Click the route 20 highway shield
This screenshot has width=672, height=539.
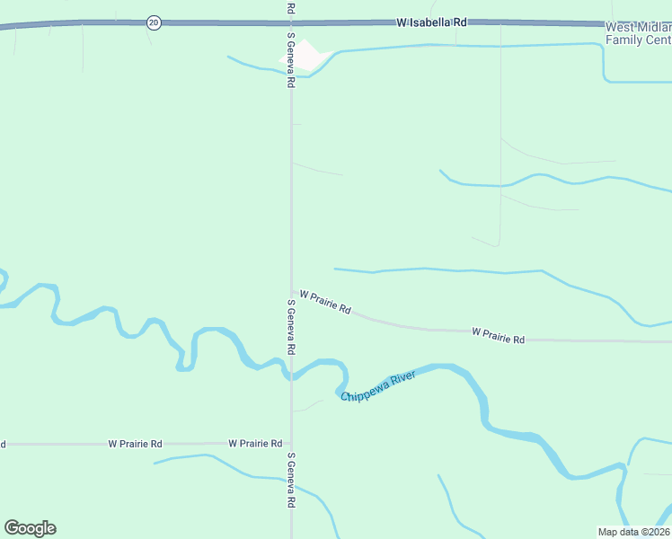point(155,22)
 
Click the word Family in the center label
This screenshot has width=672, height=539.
point(624,40)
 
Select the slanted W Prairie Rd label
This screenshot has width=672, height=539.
point(324,300)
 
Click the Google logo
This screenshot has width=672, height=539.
point(30,528)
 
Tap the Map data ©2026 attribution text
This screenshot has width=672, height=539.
point(632,531)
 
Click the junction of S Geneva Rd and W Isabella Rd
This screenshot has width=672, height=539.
point(291,22)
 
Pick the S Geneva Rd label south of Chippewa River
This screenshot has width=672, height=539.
point(291,481)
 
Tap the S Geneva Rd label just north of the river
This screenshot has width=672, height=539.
point(291,325)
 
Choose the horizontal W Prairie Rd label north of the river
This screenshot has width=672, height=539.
point(498,336)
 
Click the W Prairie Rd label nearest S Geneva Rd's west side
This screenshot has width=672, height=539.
point(255,444)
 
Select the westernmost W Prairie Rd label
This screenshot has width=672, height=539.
point(135,444)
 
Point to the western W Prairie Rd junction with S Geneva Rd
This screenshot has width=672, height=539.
point(291,444)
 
